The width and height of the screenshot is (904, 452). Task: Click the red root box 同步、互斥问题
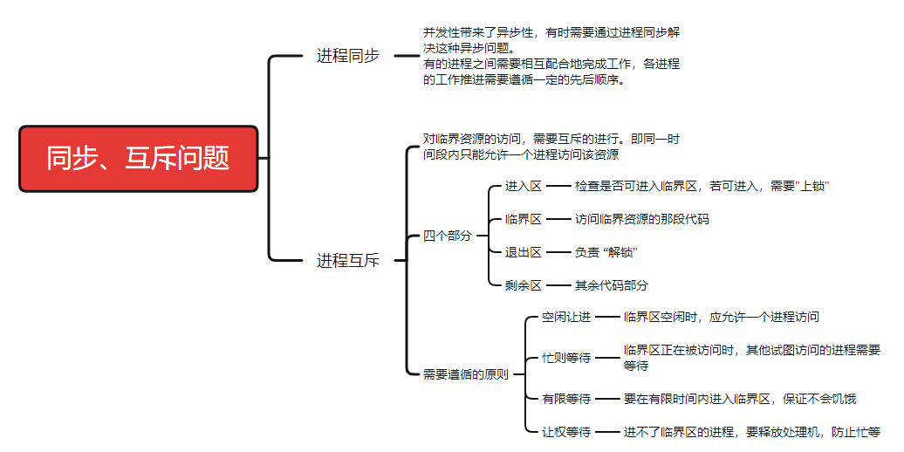tap(139, 159)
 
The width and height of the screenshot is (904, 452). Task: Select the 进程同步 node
tap(347, 56)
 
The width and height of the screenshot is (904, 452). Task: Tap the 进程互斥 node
tap(347, 260)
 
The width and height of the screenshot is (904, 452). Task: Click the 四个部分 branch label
tap(447, 236)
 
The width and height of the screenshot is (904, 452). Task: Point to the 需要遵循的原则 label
tap(465, 374)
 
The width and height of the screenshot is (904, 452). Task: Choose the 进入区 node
tap(524, 186)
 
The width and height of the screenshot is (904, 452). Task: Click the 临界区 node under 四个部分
tap(524, 219)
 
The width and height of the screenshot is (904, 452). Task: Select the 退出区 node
tap(524, 252)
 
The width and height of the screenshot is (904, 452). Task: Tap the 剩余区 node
tap(524, 285)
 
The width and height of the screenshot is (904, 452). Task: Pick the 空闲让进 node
tap(565, 317)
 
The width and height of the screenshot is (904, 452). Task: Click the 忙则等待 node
tap(565, 358)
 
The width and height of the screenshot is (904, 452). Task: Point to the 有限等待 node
tap(565, 399)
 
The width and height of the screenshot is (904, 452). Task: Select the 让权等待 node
tap(565, 432)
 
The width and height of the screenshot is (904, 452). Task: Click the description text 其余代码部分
tap(611, 285)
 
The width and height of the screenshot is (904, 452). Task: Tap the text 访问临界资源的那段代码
tap(641, 219)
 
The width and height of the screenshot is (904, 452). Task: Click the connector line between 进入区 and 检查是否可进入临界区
tap(558, 186)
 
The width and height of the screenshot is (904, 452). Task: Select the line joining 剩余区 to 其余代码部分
tap(558, 285)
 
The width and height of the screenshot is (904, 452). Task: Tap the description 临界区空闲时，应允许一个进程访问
tap(721, 317)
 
